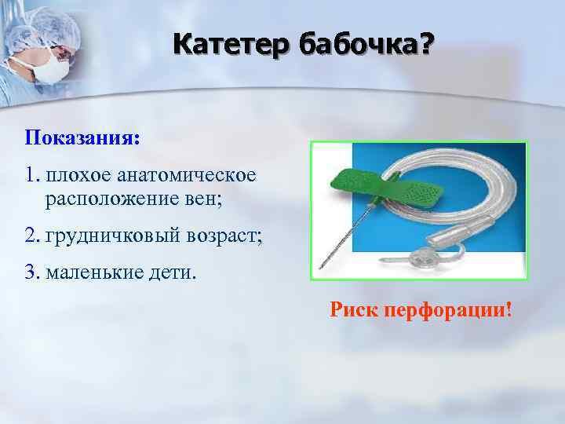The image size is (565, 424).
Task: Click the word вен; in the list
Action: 205,199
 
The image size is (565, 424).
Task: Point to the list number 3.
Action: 31,272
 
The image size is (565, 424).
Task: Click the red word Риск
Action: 355,310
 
